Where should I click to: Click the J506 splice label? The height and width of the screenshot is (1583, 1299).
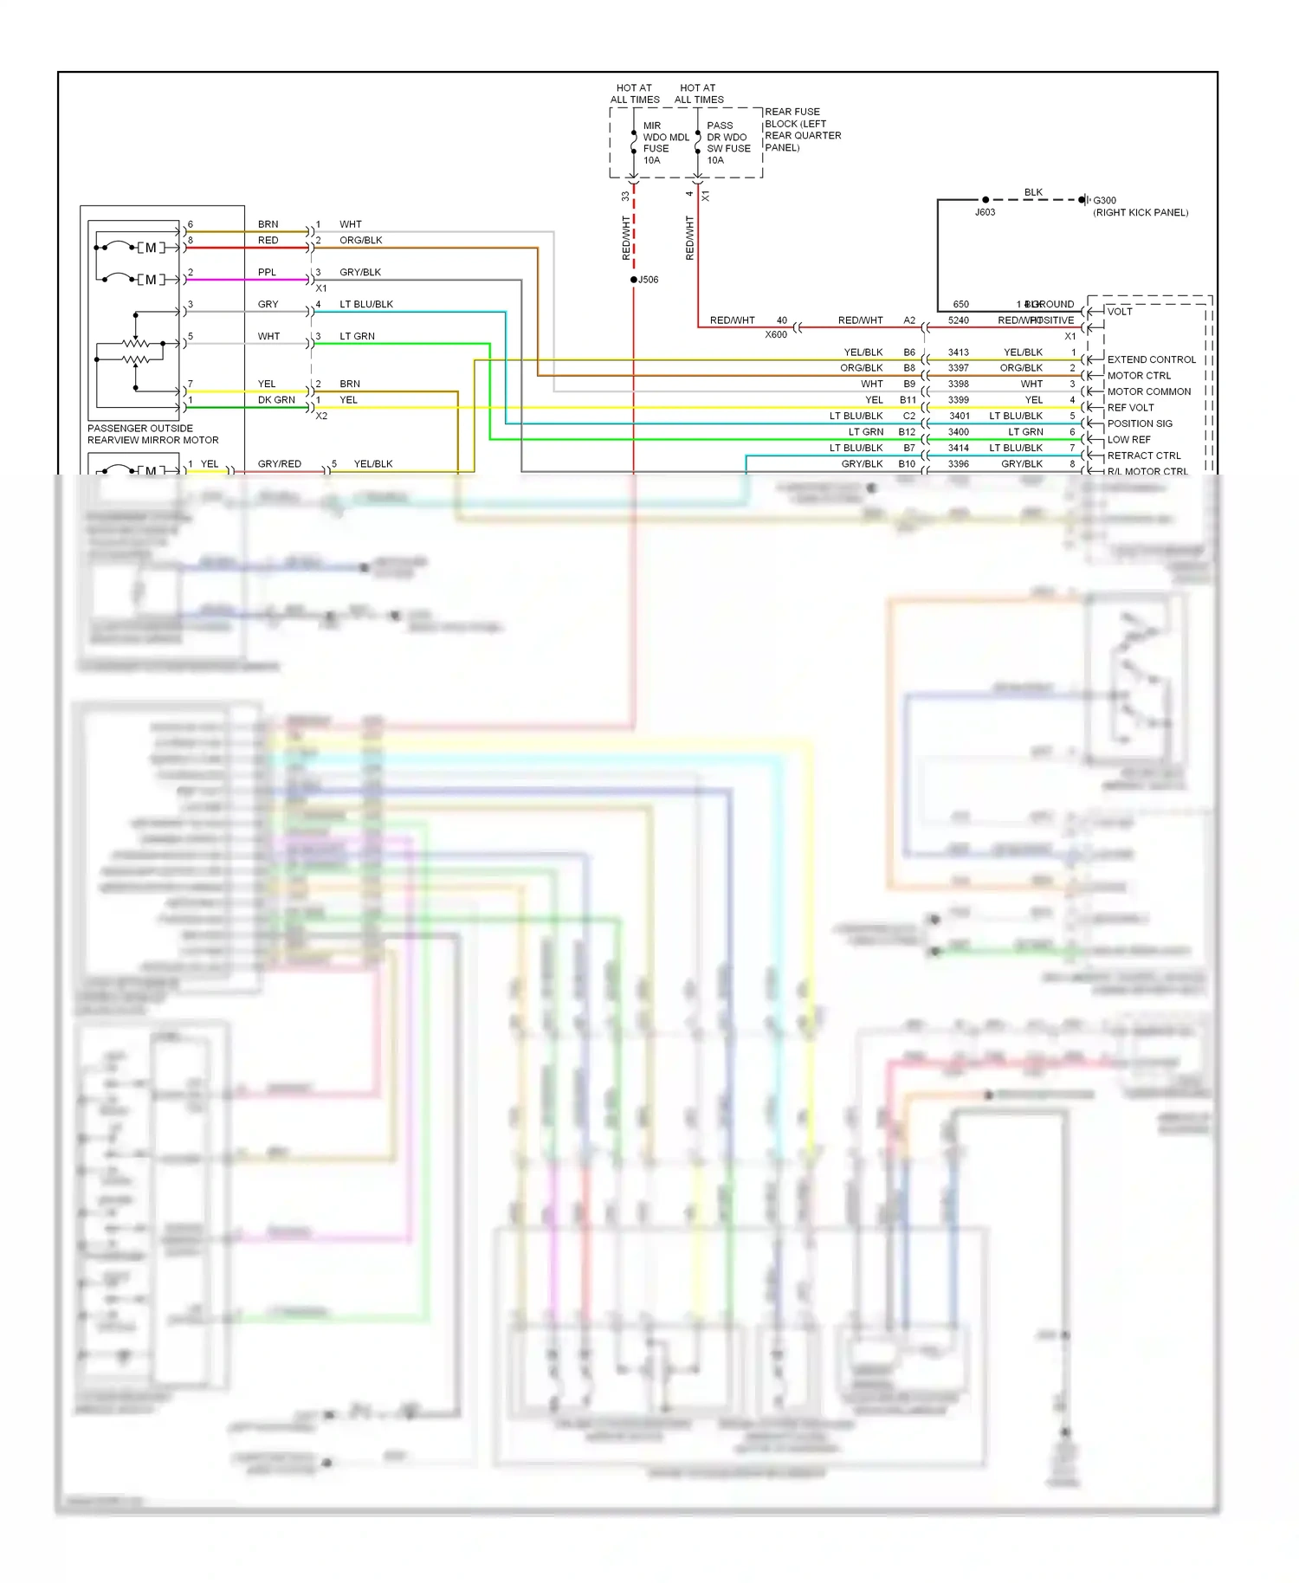(648, 280)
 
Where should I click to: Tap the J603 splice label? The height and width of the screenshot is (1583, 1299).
(985, 212)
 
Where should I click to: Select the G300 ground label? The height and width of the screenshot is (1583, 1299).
(1104, 200)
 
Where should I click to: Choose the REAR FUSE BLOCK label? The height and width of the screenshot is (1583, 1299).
(802, 129)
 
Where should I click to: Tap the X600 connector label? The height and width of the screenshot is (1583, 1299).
(776, 334)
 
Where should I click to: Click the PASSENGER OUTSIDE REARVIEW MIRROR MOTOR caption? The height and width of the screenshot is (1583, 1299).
(152, 434)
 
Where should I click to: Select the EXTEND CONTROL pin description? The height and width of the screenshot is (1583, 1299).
(1151, 359)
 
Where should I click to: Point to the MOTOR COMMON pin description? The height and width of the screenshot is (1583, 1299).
(1148, 391)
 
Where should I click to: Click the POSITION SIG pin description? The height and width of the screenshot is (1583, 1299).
(1140, 423)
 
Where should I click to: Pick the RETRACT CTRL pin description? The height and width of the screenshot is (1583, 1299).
(1143, 456)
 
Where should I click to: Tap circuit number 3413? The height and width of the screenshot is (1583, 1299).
(958, 352)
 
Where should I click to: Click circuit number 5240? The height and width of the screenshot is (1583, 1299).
(958, 320)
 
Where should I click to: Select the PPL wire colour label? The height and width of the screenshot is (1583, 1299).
(267, 272)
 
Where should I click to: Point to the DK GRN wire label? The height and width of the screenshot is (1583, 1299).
(276, 400)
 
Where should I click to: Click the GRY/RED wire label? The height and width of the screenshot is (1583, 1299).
(279, 464)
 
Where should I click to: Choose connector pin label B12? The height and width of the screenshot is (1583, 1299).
(907, 432)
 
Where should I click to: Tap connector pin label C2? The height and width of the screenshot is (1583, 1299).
(908, 416)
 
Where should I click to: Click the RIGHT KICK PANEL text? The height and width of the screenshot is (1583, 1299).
(1141, 212)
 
